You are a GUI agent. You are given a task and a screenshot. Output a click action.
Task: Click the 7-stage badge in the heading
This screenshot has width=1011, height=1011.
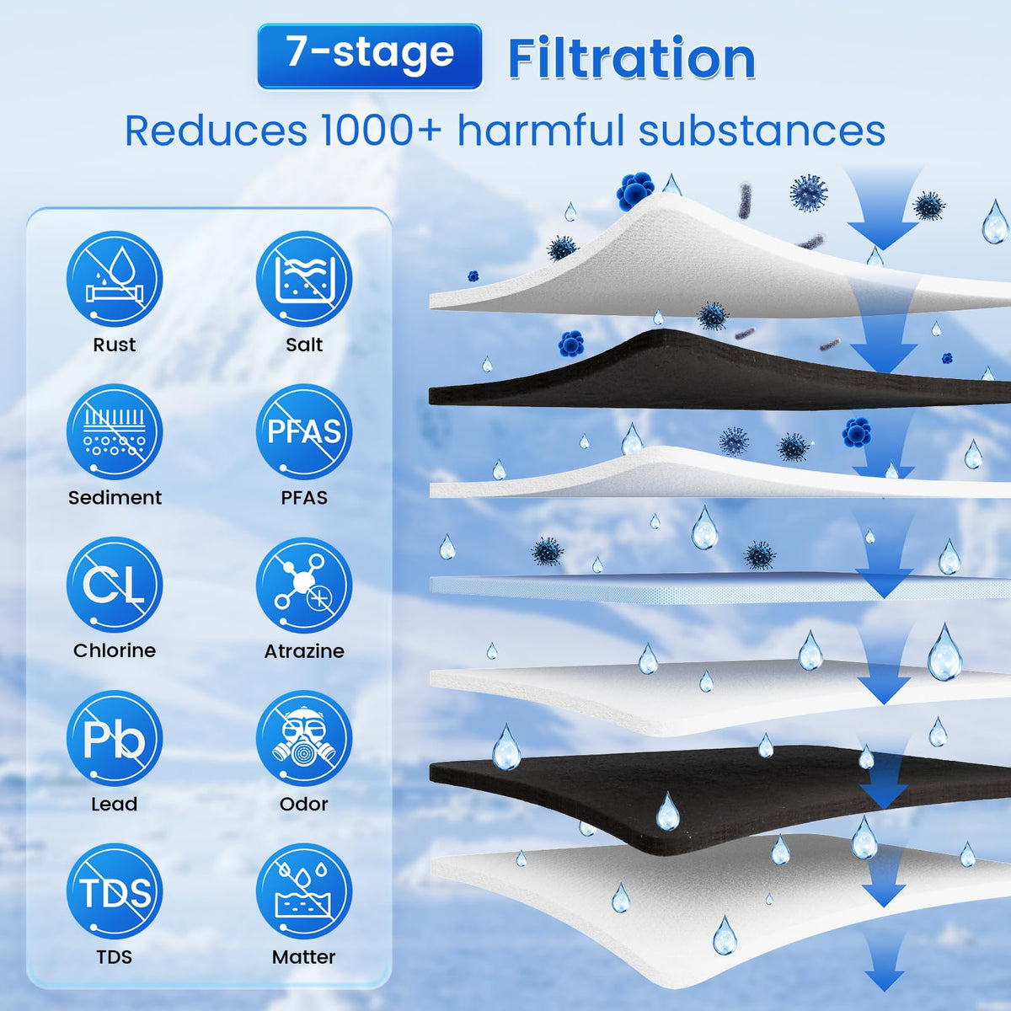tap(369, 56)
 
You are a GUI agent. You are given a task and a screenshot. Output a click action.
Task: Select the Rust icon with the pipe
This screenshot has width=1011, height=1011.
tap(115, 279)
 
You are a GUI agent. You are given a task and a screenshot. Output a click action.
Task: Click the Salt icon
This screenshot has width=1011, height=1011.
tap(304, 279)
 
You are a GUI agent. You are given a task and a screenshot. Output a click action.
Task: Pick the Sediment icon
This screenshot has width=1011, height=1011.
tap(115, 432)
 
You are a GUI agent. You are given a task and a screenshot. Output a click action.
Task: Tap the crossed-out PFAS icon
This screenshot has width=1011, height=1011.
tap(304, 432)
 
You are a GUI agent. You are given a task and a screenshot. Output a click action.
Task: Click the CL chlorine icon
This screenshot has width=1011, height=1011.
tap(115, 586)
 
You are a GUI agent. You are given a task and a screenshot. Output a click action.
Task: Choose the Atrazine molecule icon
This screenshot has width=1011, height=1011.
tap(304, 586)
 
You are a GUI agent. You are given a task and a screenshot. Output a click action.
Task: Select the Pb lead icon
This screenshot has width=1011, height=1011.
tap(115, 739)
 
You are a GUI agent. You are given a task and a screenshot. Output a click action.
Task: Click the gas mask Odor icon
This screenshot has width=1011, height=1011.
tap(304, 739)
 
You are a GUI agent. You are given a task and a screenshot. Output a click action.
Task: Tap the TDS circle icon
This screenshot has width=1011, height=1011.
tap(115, 891)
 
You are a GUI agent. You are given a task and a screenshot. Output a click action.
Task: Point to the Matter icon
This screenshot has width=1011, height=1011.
tap(304, 891)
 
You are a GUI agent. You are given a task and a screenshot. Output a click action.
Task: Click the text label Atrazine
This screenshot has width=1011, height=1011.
tap(304, 651)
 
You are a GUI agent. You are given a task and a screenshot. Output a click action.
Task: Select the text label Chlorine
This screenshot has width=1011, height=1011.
tap(115, 650)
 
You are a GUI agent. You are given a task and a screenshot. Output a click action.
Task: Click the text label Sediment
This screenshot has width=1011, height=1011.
tap(115, 498)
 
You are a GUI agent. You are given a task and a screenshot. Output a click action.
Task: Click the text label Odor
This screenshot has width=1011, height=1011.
tap(304, 805)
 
